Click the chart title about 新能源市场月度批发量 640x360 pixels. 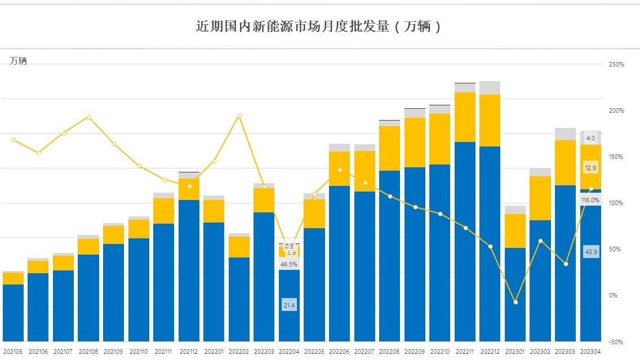click(319, 26)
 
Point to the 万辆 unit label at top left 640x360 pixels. click(18, 61)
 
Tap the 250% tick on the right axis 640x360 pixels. click(616, 65)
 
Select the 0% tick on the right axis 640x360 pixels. click(613, 295)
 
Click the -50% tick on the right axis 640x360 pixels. click(616, 341)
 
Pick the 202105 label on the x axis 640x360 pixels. click(13, 352)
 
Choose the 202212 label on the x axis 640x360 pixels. click(490, 352)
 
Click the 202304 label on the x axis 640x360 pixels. click(590, 352)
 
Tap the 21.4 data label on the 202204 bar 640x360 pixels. click(289, 305)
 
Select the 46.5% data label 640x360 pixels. click(289, 264)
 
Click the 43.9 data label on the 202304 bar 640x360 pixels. click(591, 252)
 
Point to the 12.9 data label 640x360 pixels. click(591, 168)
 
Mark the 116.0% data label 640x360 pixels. click(590, 200)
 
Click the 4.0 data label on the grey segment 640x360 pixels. click(590, 138)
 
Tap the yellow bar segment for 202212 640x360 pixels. click(490, 121)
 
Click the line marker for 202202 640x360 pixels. click(239, 116)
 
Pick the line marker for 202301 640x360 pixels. click(515, 303)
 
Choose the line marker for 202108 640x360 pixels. click(88, 117)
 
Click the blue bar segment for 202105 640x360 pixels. click(13, 313)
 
